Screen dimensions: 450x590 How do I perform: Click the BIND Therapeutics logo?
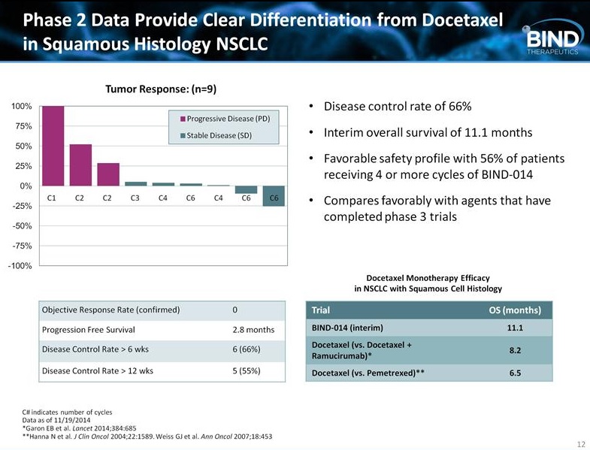pyautogui.click(x=552, y=39)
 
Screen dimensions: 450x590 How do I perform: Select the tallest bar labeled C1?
pyautogui.click(x=52, y=146)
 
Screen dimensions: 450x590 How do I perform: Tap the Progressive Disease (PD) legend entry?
pyautogui.click(x=228, y=119)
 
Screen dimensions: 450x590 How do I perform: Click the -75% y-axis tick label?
pyautogui.click(x=20, y=246)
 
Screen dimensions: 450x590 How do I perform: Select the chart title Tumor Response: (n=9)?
pyautogui.click(x=161, y=89)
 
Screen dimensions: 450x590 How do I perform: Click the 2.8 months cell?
pyautogui.click(x=253, y=330)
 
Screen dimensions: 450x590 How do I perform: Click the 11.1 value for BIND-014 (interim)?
pyautogui.click(x=515, y=329)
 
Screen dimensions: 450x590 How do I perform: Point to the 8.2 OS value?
pyautogui.click(x=515, y=350)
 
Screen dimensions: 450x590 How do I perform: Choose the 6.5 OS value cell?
pyautogui.click(x=515, y=372)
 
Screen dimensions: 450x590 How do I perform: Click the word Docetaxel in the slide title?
pyautogui.click(x=456, y=20)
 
